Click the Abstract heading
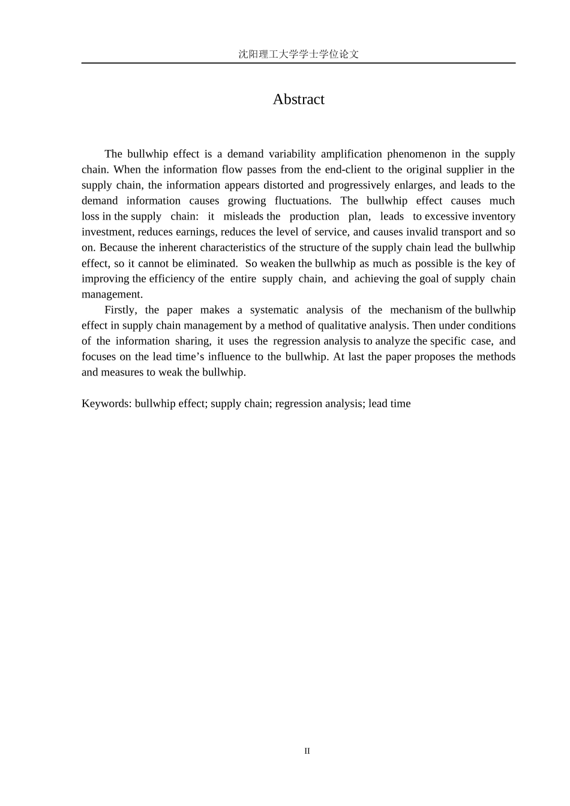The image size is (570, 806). tap(298, 100)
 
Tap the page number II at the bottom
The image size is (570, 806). tap(307, 751)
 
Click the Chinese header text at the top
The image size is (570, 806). tap(298, 54)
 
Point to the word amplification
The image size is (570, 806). tap(351, 154)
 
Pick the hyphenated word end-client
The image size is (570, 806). tap(348, 170)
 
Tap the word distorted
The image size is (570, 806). tap(285, 185)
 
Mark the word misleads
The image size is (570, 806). tap(243, 216)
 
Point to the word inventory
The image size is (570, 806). tap(493, 216)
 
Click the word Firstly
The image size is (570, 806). tap(121, 310)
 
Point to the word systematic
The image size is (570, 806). tap(274, 310)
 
